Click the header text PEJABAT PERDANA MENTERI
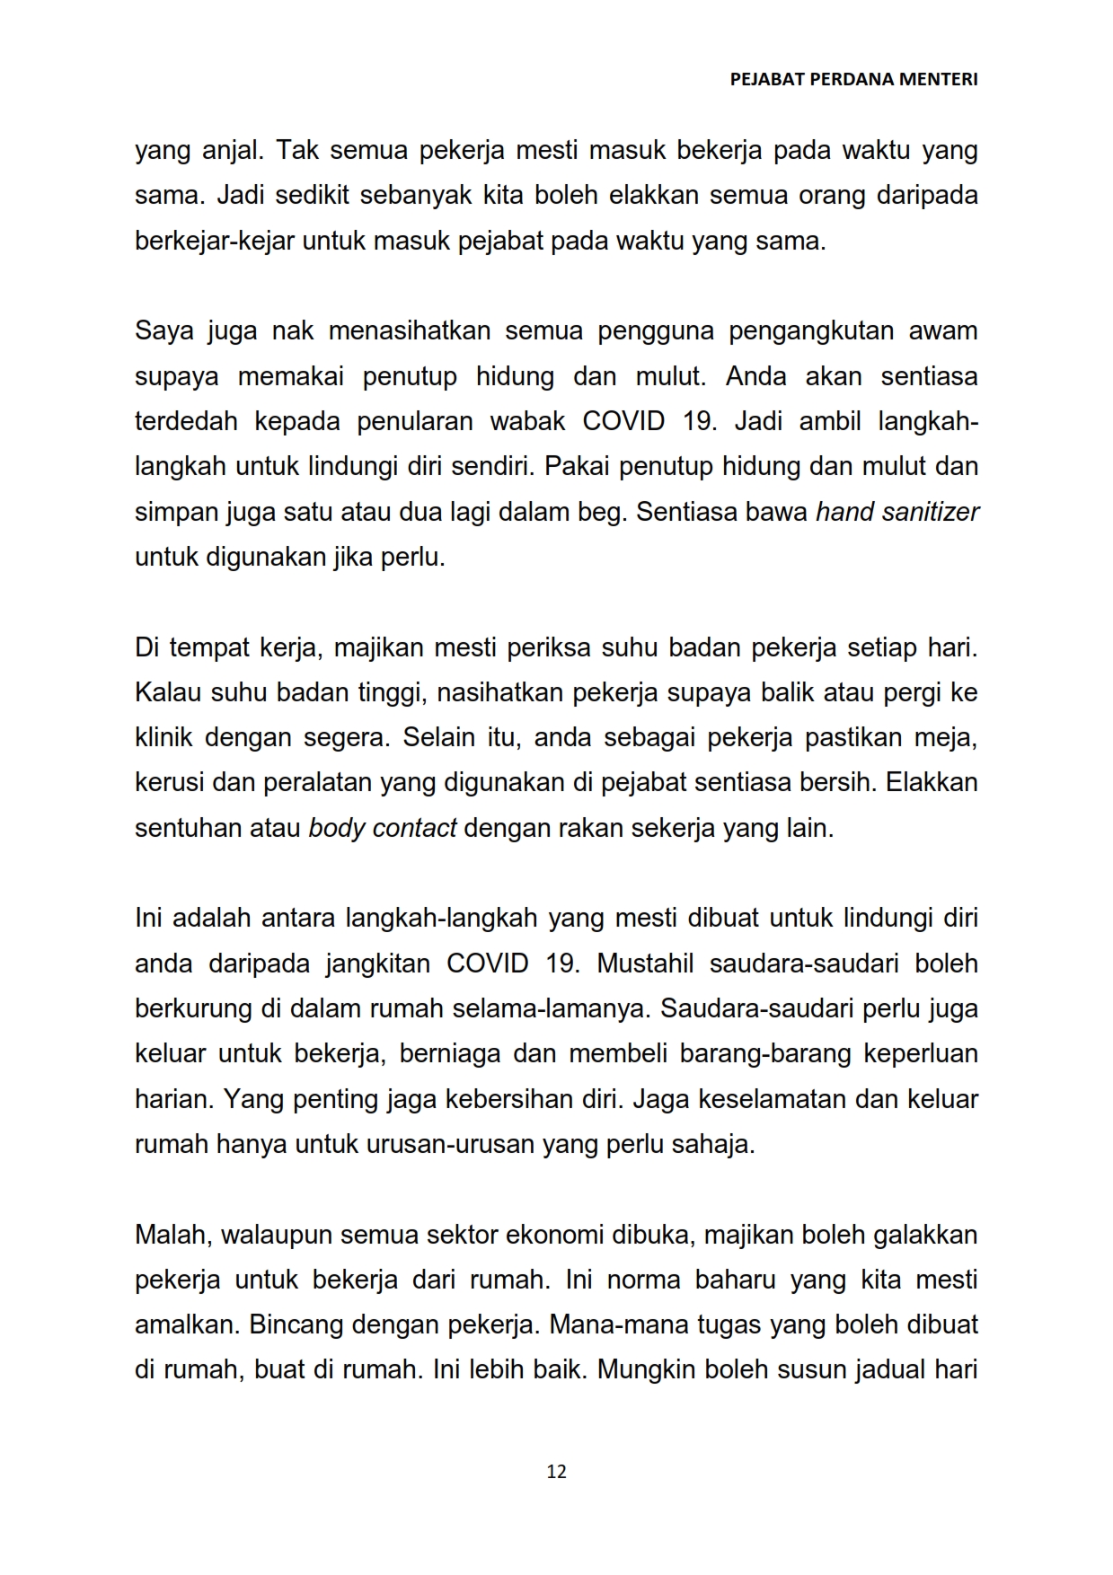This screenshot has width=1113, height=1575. [853, 79]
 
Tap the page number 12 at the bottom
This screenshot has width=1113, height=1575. [556, 1471]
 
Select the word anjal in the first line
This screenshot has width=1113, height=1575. [232, 150]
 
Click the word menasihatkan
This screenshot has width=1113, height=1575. [409, 330]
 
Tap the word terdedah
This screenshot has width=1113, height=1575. [185, 421]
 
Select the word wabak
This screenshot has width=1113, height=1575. [527, 421]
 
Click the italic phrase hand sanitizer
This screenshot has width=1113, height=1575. [897, 512]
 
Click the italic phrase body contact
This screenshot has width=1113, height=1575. [383, 828]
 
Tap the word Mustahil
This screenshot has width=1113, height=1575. [645, 963]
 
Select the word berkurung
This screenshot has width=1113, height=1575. [193, 1008]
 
